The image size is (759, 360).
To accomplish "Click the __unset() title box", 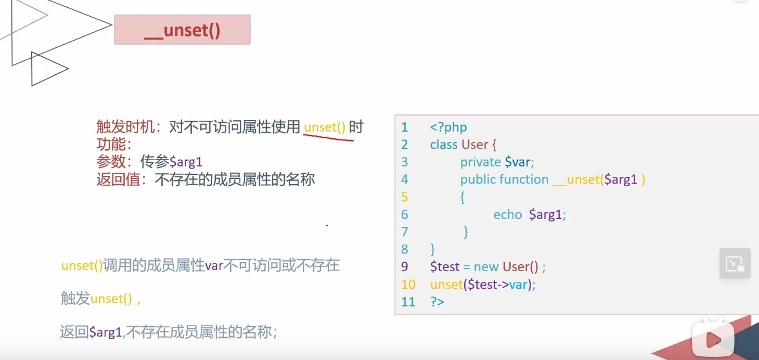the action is pos(182,30).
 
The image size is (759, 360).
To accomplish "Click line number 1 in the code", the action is pos(405,127).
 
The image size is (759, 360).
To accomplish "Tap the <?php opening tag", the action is pos(448,127).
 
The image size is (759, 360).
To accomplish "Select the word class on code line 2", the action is pos(444,145).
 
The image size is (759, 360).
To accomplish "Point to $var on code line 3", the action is pos(518,162).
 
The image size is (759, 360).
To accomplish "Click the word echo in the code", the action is pos(508,214).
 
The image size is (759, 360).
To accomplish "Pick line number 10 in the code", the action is pos(408,285).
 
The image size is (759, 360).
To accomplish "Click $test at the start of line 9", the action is pos(445,267).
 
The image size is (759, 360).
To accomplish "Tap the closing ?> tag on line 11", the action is pos(437,302).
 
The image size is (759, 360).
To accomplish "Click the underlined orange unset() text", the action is pos(325,127).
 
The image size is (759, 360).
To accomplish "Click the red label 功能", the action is pos(110,144).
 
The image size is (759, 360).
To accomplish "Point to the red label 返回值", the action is pos(118,180).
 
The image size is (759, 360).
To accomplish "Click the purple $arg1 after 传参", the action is pos(186,162).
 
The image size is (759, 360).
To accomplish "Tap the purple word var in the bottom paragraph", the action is pos(214,266).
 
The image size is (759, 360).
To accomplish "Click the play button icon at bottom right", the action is pos(713,339).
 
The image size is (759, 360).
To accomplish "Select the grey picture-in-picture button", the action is pos(735,263).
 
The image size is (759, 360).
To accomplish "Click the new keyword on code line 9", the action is pos(486,267).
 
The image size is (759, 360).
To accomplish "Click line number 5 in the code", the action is pos(405,197).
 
